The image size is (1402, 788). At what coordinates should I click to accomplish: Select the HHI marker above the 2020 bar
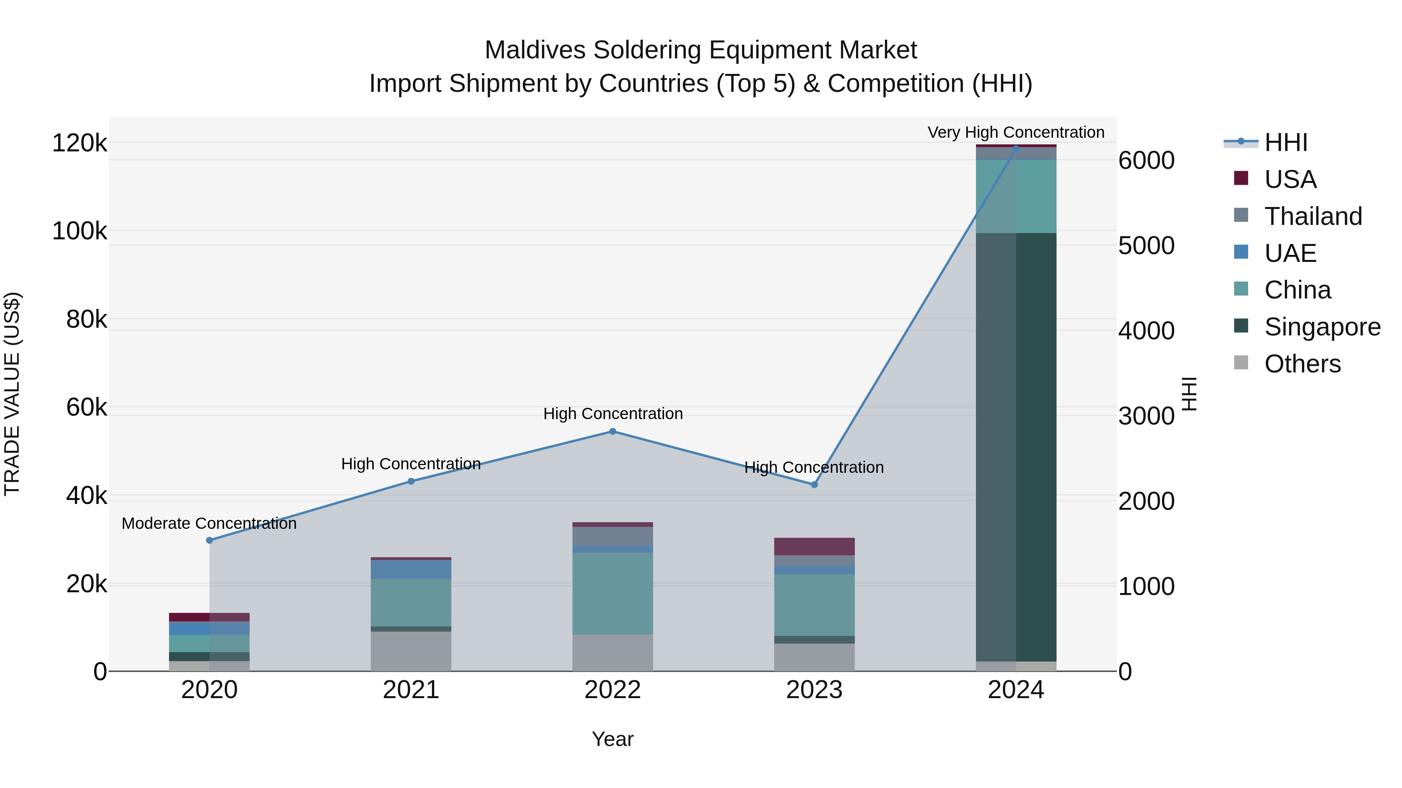(210, 540)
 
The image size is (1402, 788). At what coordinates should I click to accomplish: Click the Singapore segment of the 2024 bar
(1016, 446)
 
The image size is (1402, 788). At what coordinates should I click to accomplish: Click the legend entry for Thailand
(1313, 216)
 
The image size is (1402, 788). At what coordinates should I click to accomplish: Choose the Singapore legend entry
(1322, 327)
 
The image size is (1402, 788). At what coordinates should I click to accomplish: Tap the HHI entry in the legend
(1286, 142)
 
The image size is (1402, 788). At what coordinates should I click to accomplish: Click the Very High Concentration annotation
(1016, 132)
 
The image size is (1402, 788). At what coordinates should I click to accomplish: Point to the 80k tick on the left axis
(86, 319)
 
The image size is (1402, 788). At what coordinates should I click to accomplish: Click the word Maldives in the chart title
(534, 50)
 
